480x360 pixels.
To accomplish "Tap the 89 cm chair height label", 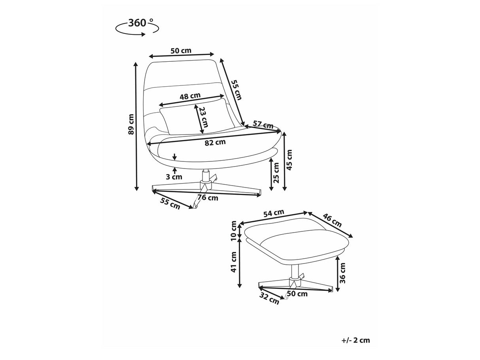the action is pos(131,124).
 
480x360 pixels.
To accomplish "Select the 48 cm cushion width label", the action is pos(190,96).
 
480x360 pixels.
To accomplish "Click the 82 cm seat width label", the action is pos(215,142).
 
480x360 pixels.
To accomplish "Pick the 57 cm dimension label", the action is pos(263,125).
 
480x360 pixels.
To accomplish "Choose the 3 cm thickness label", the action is pos(174,177).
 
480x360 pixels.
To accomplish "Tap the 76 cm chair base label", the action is pos(208,198).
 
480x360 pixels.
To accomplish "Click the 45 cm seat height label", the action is pos(289,160).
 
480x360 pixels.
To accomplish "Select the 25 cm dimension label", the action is pos(276,173).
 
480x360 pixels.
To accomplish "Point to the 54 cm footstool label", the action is pos(274,213).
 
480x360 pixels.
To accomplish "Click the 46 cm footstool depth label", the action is pos(332,221).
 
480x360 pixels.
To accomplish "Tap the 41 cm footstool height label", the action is pos(234,262).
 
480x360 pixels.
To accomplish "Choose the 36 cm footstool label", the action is pos(342,273).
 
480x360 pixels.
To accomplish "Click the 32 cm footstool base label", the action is pos(269,299).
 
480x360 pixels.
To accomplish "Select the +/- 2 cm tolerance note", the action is pos(356,340).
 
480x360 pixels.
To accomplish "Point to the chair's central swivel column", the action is pos(206,178).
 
